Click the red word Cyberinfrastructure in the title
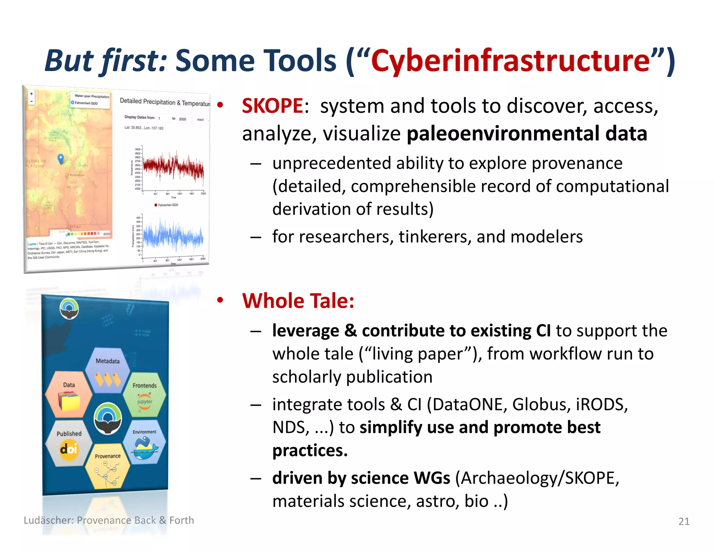tap(510, 61)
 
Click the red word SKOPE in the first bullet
tap(272, 106)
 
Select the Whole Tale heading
tap(298, 301)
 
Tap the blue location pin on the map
tap(61, 158)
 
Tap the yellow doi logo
tap(69, 450)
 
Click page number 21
tap(684, 521)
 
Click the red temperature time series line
tap(174, 167)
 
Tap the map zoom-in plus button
tap(31, 94)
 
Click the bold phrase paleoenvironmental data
tap(527, 134)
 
